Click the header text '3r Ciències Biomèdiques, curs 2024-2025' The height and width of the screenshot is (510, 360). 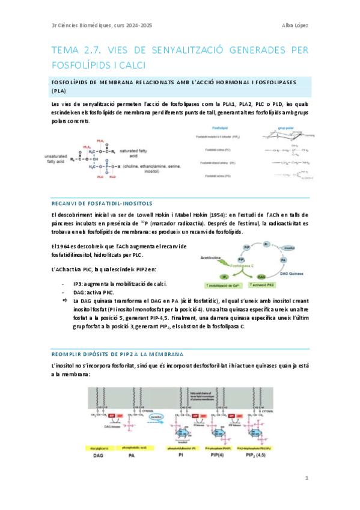click(x=103, y=25)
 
